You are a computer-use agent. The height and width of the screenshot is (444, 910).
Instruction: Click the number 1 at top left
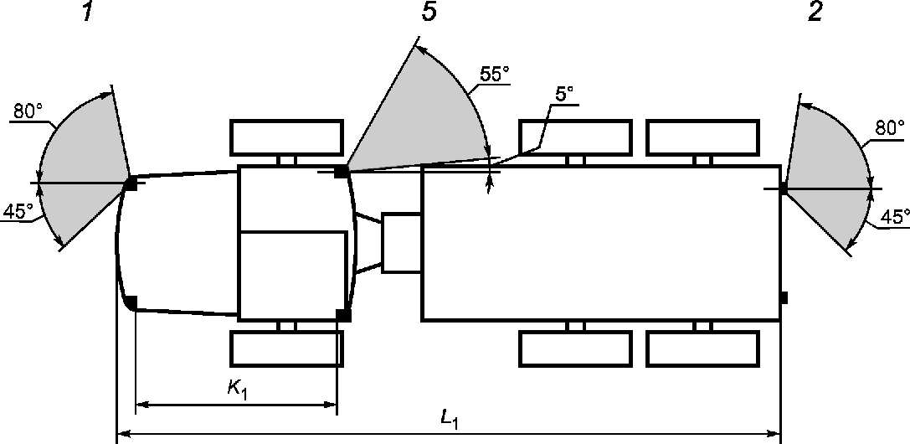87,12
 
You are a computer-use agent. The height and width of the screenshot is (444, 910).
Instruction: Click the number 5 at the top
429,12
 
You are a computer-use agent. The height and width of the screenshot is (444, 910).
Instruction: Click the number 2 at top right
815,12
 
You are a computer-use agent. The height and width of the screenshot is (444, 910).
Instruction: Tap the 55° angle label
495,75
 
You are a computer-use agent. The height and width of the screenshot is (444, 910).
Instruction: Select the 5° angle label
564,95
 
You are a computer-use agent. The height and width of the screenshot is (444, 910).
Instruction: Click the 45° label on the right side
895,217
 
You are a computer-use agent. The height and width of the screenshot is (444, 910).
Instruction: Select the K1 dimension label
238,388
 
